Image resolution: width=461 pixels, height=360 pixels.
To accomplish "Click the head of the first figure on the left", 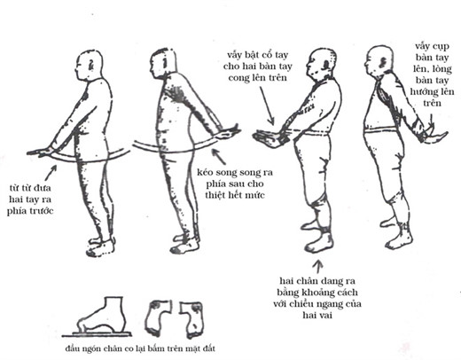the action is coord(89,66).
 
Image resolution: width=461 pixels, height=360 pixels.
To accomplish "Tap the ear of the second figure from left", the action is coord(165,63).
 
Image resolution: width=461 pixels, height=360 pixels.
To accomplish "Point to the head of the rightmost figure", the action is coord(379,61).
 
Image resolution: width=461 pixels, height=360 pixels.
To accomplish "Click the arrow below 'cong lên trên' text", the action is coord(267,106).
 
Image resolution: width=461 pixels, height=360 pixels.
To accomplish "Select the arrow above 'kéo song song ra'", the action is coord(219,157).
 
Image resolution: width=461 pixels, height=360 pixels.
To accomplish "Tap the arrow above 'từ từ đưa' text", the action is coord(51,173).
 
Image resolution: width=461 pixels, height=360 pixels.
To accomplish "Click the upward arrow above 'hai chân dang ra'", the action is coord(318,266).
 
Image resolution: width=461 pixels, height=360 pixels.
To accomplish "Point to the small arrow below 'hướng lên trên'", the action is coord(432,121).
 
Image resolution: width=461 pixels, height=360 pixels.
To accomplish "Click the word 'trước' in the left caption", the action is coord(42,211).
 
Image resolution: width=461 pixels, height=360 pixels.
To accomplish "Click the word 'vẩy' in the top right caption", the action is coord(422,46).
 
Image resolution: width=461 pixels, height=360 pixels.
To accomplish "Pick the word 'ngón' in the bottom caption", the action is coord(90,348).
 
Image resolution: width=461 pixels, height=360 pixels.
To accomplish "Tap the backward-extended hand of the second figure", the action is coord(229,132).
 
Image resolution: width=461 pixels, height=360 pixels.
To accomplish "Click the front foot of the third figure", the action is coord(319,242).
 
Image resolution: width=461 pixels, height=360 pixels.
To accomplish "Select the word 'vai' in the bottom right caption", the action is coord(325,315).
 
